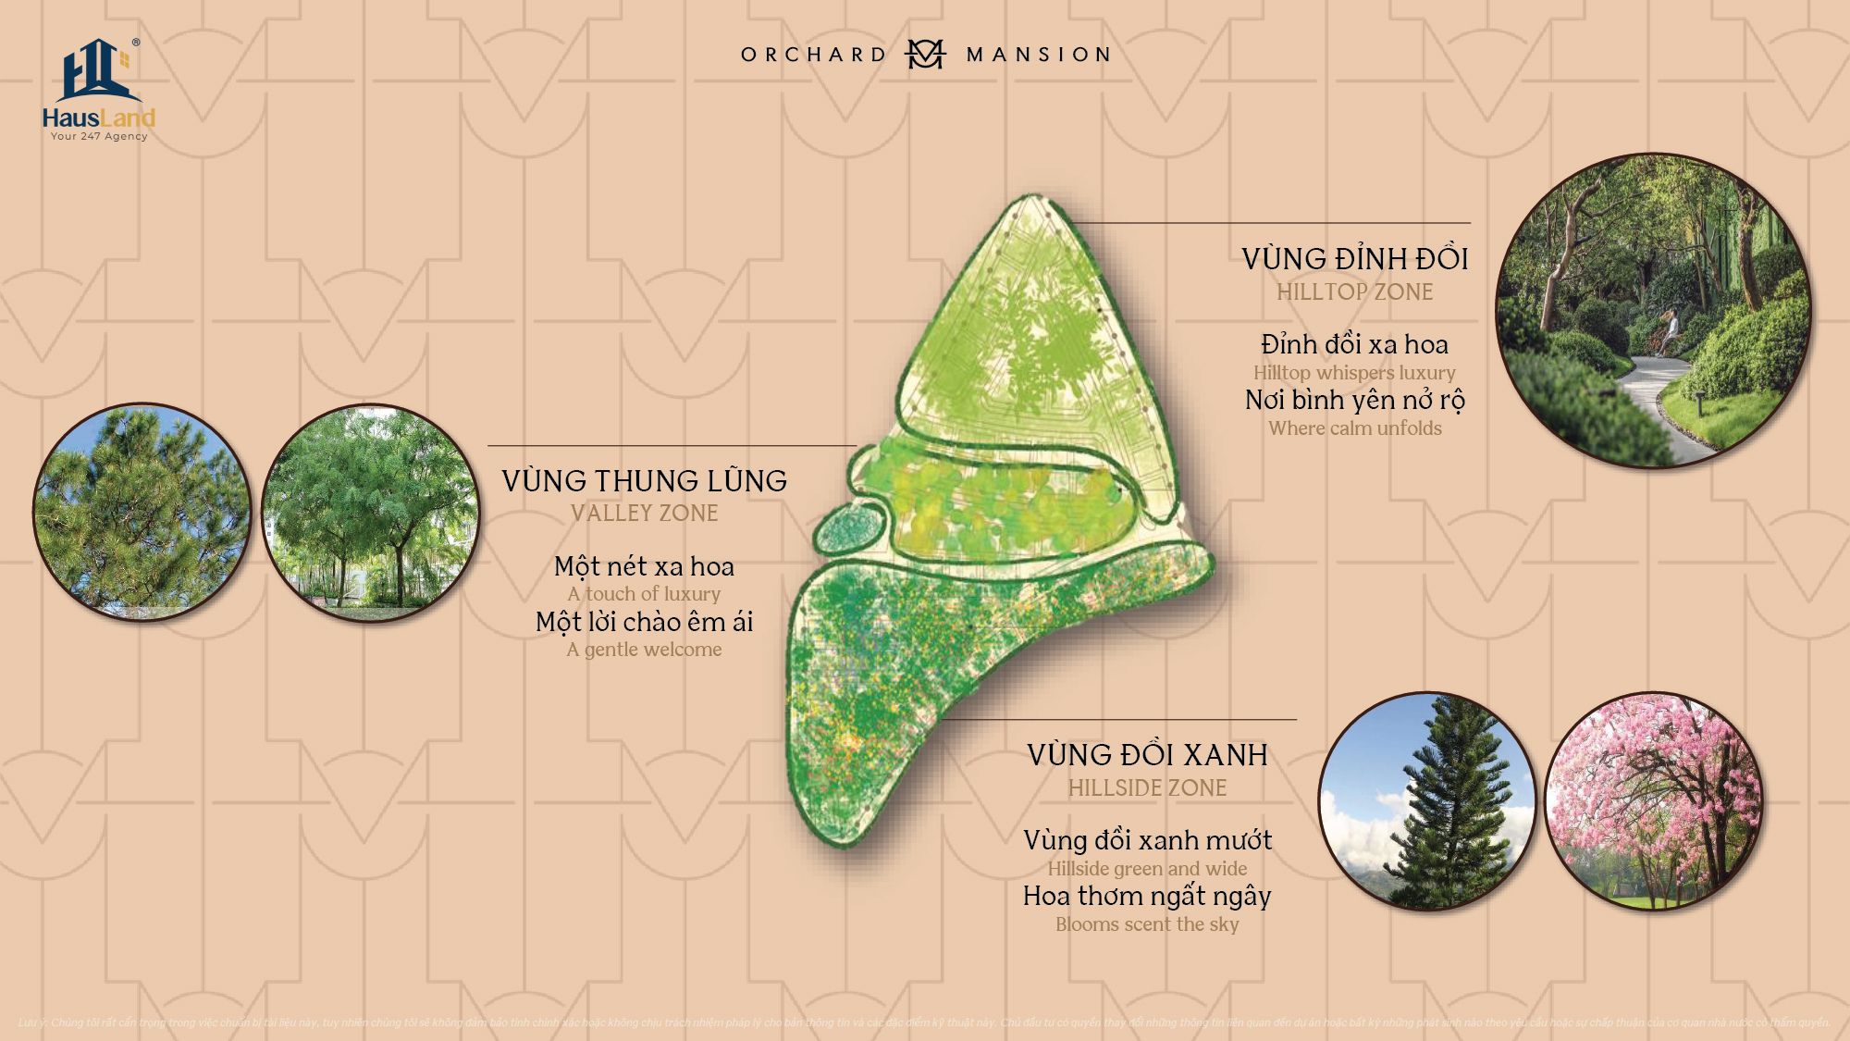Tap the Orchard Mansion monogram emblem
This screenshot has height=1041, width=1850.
(x=925, y=54)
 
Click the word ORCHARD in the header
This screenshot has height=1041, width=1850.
(x=814, y=55)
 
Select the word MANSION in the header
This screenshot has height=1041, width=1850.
(x=1038, y=55)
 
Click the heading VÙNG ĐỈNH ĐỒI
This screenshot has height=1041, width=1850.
(x=1354, y=259)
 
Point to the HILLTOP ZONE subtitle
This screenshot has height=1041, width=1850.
(x=1354, y=292)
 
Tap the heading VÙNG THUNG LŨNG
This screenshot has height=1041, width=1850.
(x=645, y=481)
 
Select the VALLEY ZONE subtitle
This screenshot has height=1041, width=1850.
(x=645, y=514)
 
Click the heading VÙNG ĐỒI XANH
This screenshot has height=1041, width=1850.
(x=1147, y=755)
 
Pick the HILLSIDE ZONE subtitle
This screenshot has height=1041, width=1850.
(x=1147, y=788)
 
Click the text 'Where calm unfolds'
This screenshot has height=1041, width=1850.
(x=1354, y=428)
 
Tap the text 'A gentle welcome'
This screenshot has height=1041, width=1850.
(x=645, y=650)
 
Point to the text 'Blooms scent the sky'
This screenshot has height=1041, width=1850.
(x=1147, y=924)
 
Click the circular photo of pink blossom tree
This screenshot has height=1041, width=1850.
(x=1653, y=801)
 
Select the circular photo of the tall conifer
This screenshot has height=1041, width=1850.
(x=1426, y=801)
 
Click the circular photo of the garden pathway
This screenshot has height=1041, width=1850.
(x=1653, y=310)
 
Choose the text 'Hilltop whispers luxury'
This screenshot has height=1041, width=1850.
(x=1354, y=373)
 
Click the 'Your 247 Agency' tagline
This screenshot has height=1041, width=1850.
(x=99, y=136)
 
